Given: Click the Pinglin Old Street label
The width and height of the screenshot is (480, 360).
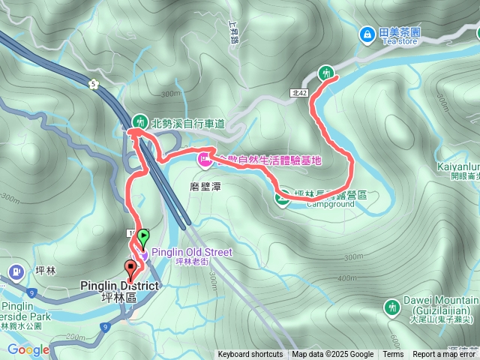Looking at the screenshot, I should (193, 252).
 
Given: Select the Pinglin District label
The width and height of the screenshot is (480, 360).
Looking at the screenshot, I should (119, 286).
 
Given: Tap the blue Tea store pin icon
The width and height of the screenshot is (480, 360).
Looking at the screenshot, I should (367, 34).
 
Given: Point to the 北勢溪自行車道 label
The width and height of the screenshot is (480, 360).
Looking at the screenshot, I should (188, 122).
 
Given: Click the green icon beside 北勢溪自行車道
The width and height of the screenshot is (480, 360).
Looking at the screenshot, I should (140, 121).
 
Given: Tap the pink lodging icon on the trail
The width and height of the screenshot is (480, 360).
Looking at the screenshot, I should (204, 159).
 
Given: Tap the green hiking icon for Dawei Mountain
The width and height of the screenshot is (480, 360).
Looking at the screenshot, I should (391, 307).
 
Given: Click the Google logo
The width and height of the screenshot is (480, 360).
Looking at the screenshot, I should (28, 349).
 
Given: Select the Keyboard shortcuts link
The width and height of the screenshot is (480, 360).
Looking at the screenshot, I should (250, 355).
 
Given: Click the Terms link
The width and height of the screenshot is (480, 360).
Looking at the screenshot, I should (393, 355).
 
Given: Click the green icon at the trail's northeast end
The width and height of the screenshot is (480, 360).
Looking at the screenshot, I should (326, 73).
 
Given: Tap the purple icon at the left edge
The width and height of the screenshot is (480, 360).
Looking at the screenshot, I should (14, 271).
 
